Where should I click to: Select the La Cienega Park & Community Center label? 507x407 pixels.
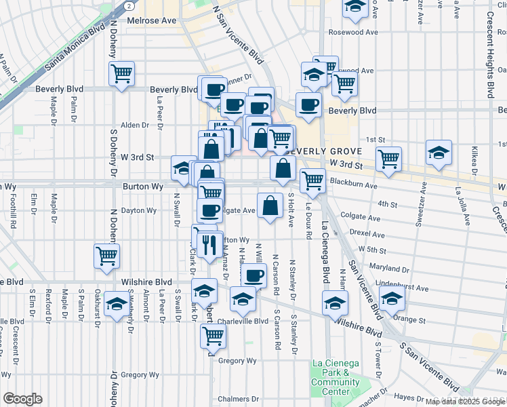335,377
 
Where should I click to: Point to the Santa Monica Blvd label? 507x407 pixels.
74,48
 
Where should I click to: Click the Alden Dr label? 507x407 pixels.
134,125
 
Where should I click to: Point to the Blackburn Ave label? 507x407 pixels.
352,185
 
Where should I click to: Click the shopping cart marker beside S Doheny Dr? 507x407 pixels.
107,256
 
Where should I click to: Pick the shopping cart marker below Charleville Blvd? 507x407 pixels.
214,334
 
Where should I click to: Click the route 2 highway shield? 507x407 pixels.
127,5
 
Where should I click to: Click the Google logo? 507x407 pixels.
22,399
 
